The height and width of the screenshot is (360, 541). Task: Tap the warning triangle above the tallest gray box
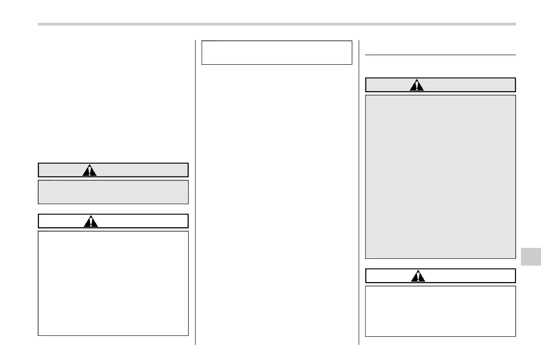click(417, 85)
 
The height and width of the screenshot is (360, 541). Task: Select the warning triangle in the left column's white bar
click(92, 221)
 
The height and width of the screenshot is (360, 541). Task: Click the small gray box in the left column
click(113, 192)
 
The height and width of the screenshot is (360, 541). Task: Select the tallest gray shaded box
click(440, 177)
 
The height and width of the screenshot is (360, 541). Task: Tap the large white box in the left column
click(113, 283)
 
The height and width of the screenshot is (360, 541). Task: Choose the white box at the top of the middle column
click(277, 52)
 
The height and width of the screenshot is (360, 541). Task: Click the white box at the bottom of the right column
click(440, 311)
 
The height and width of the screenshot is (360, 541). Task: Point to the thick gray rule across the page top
click(277, 24)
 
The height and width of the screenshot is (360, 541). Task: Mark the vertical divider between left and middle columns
click(196, 191)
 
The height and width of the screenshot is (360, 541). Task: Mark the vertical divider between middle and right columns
click(359, 191)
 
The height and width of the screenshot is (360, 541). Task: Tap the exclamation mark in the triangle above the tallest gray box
click(417, 86)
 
